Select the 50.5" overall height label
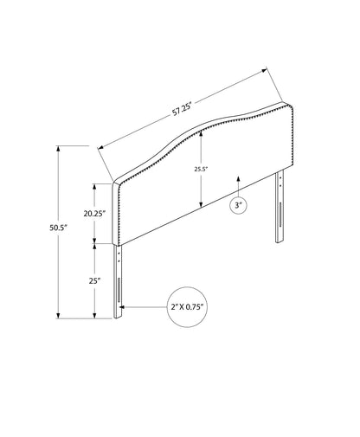(x=58, y=228)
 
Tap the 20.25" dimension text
(x=94, y=214)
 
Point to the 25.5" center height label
(x=201, y=170)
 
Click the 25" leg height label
(x=94, y=281)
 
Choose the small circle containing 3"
(x=239, y=205)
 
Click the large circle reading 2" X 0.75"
(x=188, y=307)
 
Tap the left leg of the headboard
(x=118, y=281)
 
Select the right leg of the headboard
(x=280, y=207)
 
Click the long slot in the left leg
(x=119, y=290)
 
